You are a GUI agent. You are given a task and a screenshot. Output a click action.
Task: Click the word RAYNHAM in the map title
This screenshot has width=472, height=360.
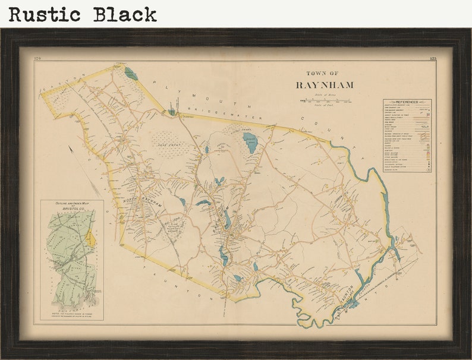pos(324,85)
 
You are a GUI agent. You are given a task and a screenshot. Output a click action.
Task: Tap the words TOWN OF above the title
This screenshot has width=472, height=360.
pos(322,73)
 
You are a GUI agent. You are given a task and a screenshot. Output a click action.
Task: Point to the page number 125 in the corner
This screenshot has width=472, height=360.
pos(432,58)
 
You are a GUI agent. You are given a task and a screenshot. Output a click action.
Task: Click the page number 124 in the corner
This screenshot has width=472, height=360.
pos(38,58)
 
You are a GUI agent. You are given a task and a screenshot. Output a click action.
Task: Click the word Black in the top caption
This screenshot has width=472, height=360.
pos(125,14)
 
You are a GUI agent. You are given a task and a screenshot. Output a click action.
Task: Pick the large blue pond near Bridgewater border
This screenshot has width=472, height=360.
pos(250,143)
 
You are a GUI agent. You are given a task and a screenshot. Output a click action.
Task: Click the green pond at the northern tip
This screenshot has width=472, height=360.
pos(131,74)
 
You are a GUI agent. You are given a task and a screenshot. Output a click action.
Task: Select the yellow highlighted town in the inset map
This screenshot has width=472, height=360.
pos(90,239)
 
